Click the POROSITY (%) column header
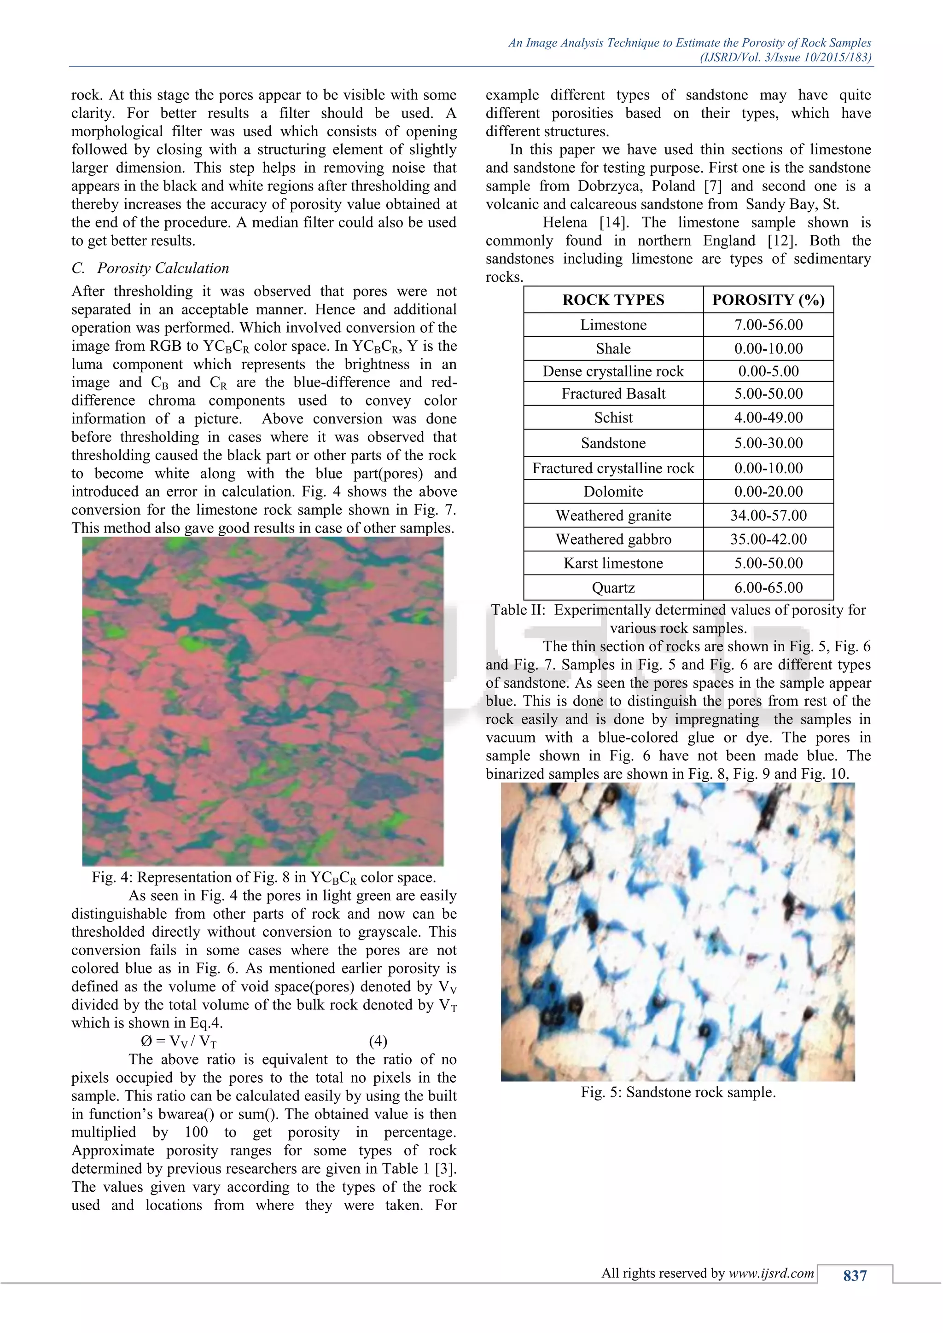coord(768,300)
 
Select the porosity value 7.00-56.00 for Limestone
coord(768,325)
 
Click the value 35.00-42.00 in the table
coord(768,539)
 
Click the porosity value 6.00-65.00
coord(768,587)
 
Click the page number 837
coord(854,1275)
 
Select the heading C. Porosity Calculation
coord(151,268)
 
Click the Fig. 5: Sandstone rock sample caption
coord(678,1092)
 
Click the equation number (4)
coord(378,1041)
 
